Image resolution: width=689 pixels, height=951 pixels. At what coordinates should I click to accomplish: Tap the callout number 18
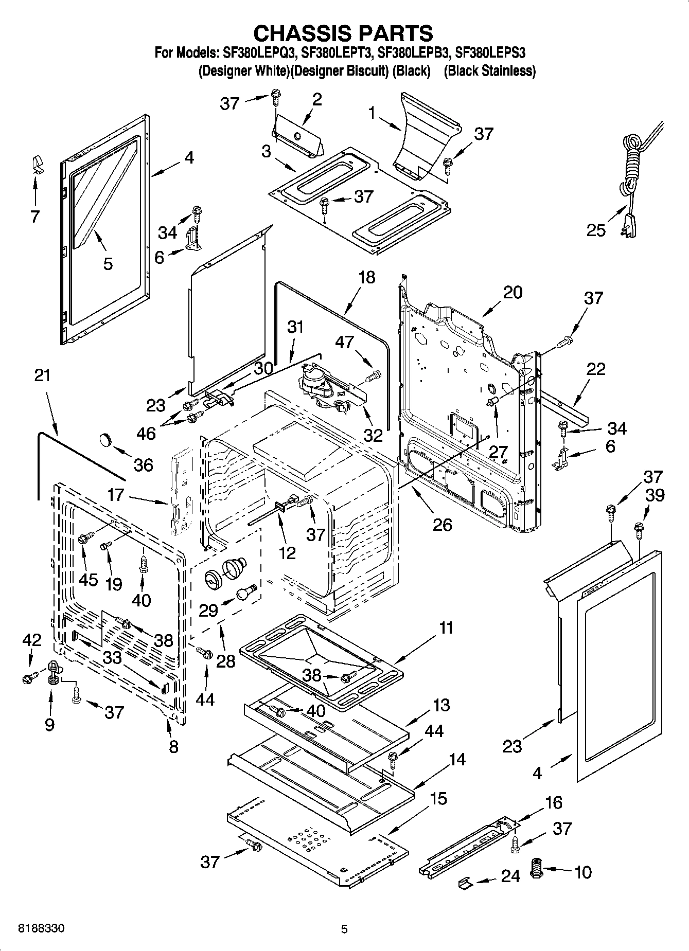pos(366,277)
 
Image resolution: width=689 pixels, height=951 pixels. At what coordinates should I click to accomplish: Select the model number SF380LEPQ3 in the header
pos(260,52)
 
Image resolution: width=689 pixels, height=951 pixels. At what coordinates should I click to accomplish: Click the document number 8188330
pos(42,929)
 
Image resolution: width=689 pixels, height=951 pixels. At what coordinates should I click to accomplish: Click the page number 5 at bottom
pos(344,929)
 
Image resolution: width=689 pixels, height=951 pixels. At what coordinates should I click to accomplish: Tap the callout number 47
pos(345,342)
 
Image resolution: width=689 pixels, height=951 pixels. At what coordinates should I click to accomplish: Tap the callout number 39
pos(655,495)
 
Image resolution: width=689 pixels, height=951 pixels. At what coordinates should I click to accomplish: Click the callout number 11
pos(446,627)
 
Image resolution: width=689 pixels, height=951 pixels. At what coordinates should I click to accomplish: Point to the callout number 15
pos(438,798)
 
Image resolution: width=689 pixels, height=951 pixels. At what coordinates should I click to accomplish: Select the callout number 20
pos(512,292)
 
